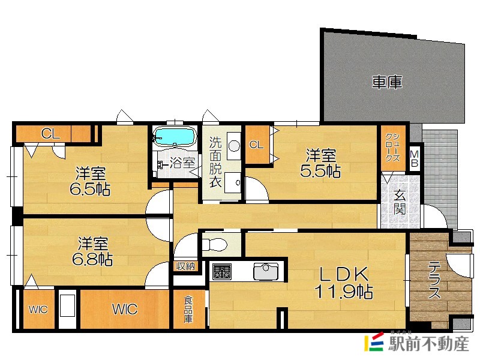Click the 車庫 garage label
386,83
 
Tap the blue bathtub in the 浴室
174,137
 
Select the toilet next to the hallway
214,244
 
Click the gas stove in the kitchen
222,271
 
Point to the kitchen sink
265,272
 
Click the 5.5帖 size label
320,172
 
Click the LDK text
343,274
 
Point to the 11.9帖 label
344,293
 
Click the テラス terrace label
434,281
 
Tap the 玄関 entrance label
400,202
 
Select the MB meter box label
415,160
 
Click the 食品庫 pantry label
188,310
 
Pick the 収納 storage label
185,266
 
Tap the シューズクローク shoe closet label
392,147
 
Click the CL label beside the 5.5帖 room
256,145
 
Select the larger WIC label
124,310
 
